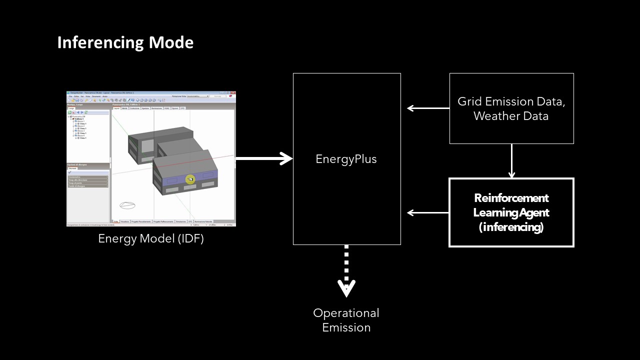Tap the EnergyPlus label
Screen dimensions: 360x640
[346, 159]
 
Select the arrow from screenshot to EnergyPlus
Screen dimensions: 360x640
[263, 159]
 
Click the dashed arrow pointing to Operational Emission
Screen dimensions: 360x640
[346, 270]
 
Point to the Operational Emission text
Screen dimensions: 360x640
[346, 320]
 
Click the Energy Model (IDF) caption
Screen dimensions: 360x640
[151, 238]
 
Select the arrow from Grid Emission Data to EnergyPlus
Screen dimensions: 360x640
[428, 108]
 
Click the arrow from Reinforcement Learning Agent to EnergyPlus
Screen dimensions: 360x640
[428, 212]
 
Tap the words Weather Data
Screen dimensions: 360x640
[511, 116]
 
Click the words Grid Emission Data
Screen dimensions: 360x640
[511, 101]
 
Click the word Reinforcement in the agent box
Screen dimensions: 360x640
[511, 197]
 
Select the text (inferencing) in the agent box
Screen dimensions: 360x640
[511, 227]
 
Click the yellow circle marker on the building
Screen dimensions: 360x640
[190, 179]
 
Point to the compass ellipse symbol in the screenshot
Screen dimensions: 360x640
[128, 205]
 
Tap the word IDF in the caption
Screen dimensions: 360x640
[190, 238]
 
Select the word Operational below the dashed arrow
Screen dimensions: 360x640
[346, 313]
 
